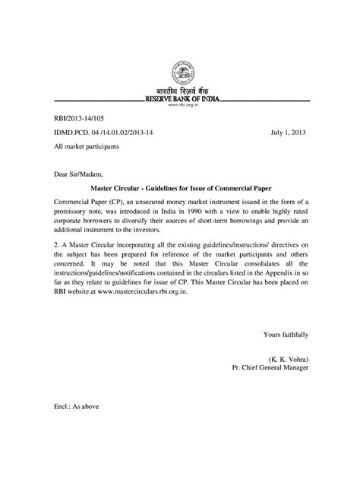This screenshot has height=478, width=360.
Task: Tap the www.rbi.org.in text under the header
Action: point(180,107)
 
